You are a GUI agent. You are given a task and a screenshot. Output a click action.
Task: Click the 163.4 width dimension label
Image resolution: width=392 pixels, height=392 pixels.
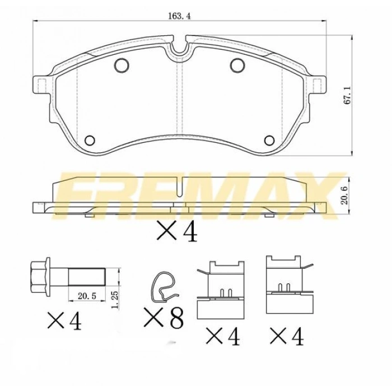coord(179,17)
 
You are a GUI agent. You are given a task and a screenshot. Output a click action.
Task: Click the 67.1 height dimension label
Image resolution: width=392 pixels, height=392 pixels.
coord(347,96)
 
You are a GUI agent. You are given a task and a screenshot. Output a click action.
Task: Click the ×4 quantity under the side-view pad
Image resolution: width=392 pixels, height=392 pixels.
coord(177,232)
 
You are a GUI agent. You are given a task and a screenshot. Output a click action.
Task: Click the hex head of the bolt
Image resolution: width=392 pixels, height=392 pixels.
coord(39,277)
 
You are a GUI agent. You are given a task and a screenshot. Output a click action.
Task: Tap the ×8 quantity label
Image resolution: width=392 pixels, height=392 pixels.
coord(164,319)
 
